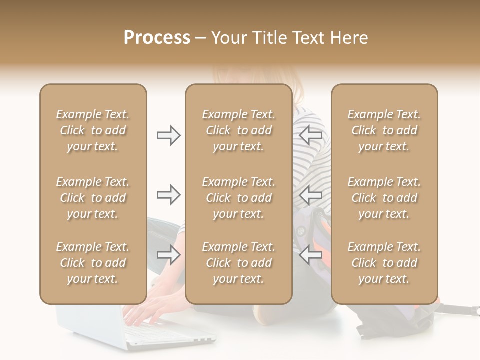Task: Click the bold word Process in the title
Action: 157,38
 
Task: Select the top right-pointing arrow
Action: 168,135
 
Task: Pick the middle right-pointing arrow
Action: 168,195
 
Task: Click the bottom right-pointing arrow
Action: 168,255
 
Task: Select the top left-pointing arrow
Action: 310,135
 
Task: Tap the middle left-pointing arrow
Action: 310,195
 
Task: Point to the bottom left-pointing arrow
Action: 310,255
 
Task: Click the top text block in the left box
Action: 93,130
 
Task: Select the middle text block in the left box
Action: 93,198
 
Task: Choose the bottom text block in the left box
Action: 93,263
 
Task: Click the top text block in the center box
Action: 239,130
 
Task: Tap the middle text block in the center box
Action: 239,198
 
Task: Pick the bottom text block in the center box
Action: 239,263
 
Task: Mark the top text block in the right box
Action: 384,130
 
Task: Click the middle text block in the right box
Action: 384,198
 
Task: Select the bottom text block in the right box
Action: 384,263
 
